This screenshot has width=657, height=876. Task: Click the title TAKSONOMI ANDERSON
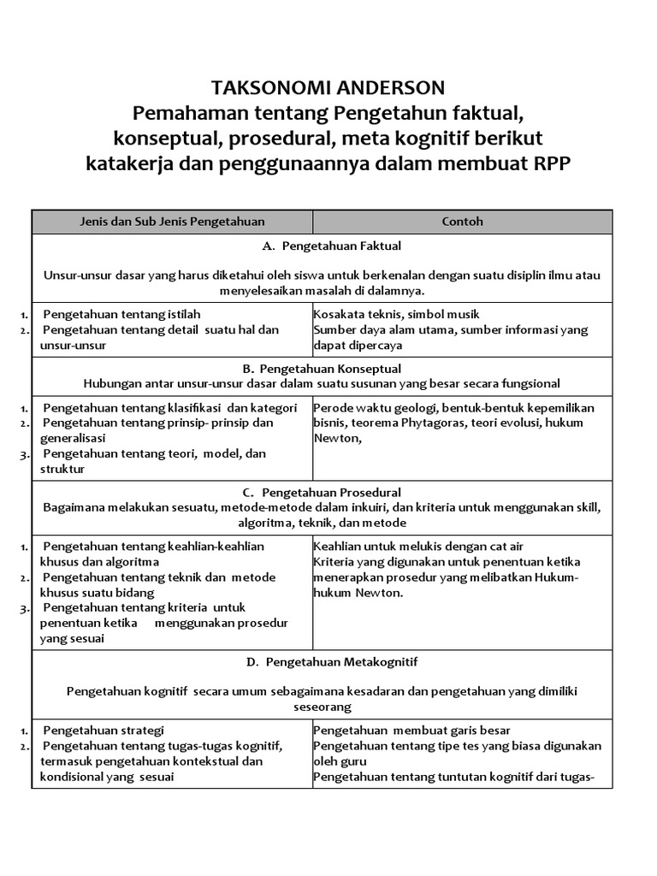coord(328,88)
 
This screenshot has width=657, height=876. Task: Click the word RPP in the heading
coord(546,163)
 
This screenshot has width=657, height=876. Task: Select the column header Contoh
coord(462,222)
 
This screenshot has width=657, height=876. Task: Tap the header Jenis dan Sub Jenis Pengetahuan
coord(172,222)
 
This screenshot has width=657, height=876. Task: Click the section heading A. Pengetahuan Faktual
coord(332,246)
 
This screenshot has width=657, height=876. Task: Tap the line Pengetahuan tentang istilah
coord(121,314)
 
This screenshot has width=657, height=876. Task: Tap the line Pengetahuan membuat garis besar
coord(411,730)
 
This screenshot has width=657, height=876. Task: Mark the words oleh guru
coord(340,761)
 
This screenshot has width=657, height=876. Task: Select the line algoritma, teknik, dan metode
coord(322,523)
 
